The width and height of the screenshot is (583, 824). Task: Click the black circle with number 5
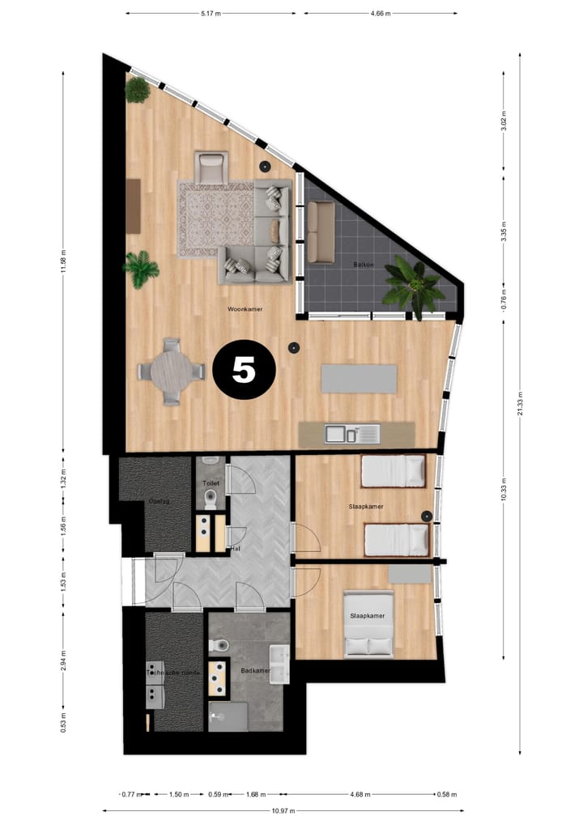click(244, 369)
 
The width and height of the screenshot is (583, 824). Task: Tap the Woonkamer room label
click(245, 309)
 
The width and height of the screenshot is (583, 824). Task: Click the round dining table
click(171, 372)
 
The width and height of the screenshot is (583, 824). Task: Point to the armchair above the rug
click(211, 168)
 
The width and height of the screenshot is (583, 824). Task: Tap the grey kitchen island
click(359, 379)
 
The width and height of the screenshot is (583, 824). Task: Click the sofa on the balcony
click(321, 231)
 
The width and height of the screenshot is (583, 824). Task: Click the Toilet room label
click(210, 482)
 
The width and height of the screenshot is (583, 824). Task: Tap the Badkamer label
click(254, 671)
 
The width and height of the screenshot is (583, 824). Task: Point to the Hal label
click(236, 548)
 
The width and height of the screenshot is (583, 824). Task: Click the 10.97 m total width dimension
click(282, 810)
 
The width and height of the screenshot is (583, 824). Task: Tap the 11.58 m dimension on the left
click(63, 261)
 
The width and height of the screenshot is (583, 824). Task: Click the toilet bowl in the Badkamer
click(218, 645)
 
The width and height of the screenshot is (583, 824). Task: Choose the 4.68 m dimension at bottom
click(357, 793)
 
